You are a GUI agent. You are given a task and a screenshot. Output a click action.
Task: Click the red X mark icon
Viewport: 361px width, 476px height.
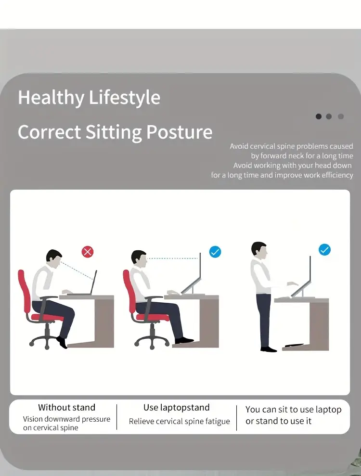coord(88,252)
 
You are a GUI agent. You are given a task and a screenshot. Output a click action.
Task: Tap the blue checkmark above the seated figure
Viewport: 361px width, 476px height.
coord(215,252)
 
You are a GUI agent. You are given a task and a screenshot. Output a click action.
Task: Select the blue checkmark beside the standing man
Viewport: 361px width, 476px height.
coord(324,249)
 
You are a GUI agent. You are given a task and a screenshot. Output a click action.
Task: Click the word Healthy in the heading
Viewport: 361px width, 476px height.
coord(51,98)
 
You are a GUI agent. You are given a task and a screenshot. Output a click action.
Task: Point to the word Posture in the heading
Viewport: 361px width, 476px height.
coord(179,132)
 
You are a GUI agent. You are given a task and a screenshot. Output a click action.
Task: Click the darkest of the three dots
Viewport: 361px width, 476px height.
coord(319,116)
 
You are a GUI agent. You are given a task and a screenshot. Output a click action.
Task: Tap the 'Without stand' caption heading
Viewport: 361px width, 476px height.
coord(66,407)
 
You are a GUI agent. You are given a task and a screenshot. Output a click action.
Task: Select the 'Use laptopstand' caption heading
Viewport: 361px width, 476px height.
coord(176,407)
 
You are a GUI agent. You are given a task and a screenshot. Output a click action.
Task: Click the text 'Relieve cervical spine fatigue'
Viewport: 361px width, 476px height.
coord(179,421)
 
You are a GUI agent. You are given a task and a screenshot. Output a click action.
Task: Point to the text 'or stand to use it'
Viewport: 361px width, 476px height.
coord(278,421)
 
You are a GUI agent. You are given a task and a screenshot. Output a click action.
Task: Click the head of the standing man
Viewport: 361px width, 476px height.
coord(259,249)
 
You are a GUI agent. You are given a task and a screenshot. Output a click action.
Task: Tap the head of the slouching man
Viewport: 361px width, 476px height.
coord(54,257)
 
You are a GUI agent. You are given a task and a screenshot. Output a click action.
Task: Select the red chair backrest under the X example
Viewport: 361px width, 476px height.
coord(24,288)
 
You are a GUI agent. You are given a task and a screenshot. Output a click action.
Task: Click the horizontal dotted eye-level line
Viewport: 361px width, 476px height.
coord(172,258)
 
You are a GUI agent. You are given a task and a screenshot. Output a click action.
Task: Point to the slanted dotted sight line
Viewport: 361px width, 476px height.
coord(77,270)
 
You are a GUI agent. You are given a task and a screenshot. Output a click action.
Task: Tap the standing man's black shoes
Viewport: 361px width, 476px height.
coord(269,349)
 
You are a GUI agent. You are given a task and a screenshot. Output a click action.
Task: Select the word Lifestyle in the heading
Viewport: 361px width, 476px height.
coord(125,98)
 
